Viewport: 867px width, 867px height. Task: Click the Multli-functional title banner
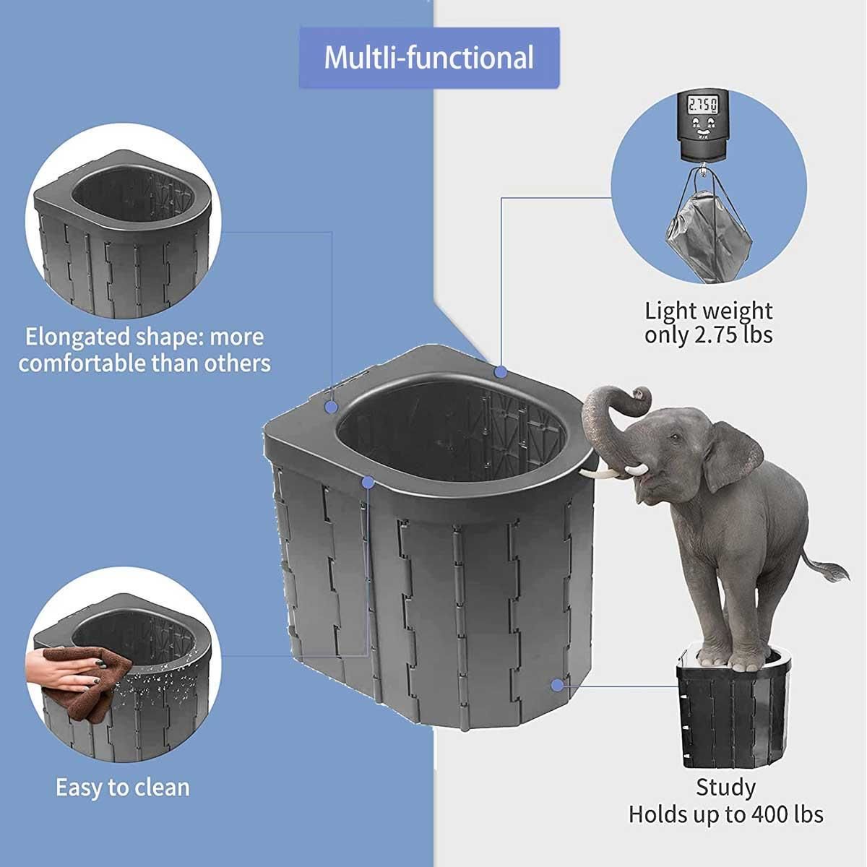pyautogui.click(x=429, y=58)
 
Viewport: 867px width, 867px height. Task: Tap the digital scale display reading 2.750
pyautogui.click(x=702, y=106)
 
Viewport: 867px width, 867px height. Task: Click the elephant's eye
pyautogui.click(x=673, y=436)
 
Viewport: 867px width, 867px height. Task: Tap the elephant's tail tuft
pyautogui.click(x=834, y=571)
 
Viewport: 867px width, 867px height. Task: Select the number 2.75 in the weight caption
pyautogui.click(x=715, y=335)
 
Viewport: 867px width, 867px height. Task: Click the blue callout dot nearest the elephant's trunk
pyautogui.click(x=500, y=372)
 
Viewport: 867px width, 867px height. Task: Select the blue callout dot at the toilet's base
pyautogui.click(x=557, y=686)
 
